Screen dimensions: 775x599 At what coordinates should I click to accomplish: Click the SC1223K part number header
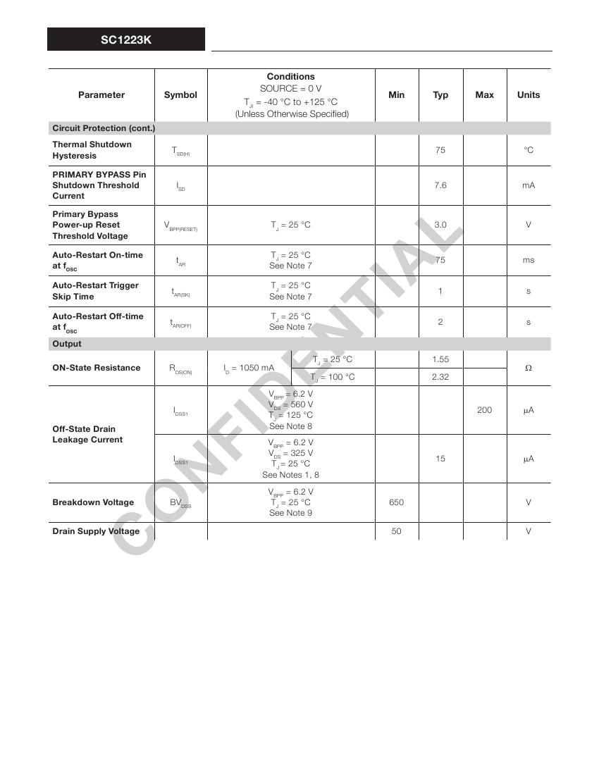click(126, 40)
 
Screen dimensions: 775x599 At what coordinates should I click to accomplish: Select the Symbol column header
click(180, 95)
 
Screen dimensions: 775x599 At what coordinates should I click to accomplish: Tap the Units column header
click(529, 95)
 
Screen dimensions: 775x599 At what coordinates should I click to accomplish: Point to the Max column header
click(484, 95)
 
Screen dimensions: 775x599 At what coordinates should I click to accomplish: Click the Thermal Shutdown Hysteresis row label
click(92, 150)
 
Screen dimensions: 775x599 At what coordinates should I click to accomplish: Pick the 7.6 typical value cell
click(440, 185)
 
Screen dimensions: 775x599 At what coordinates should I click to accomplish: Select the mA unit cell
click(529, 185)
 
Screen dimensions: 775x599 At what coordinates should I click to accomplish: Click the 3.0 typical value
click(440, 225)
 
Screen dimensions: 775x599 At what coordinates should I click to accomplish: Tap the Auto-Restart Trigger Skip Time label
click(95, 291)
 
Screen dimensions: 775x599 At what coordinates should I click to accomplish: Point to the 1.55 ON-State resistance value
click(440, 359)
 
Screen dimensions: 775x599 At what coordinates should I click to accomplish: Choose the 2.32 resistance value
click(440, 377)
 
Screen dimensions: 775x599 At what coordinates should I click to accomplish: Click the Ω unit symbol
click(529, 368)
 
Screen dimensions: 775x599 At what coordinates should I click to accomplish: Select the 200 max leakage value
click(484, 410)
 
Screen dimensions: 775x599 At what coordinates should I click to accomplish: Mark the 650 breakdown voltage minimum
click(396, 502)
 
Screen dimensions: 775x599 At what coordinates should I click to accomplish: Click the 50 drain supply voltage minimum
click(396, 531)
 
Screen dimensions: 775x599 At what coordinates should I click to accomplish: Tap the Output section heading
click(67, 344)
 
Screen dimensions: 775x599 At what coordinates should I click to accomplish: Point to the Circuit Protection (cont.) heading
click(104, 128)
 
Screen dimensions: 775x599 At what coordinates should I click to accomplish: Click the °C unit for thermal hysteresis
click(529, 150)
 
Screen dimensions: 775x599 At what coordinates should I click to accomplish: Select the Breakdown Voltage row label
click(93, 502)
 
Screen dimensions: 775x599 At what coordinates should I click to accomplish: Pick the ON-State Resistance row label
click(97, 368)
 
